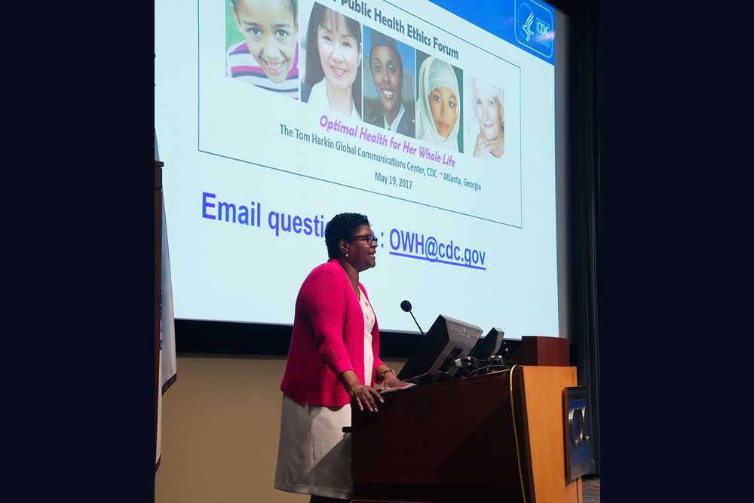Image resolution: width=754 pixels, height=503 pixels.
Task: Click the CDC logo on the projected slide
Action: pyautogui.click(x=535, y=28)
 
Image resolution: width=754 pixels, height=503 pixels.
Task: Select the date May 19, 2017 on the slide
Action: pyautogui.click(x=394, y=180)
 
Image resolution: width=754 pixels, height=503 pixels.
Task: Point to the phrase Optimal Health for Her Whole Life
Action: pyautogui.click(x=386, y=142)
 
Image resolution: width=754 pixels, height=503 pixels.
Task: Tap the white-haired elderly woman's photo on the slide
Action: pyautogui.click(x=486, y=118)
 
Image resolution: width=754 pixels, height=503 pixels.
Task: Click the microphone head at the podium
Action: pyautogui.click(x=406, y=305)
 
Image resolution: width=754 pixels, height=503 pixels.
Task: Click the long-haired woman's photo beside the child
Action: pyautogui.click(x=331, y=60)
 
